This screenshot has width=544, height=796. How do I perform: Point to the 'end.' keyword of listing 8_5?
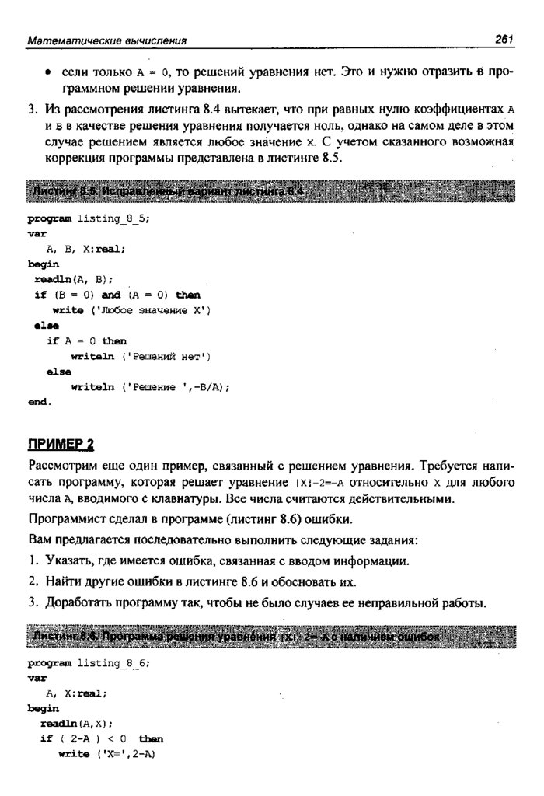coord(39,402)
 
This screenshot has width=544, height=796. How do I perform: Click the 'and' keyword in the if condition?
coord(111,295)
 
